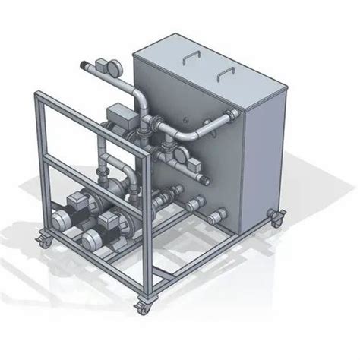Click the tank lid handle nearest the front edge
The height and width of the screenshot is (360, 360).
click(225, 72)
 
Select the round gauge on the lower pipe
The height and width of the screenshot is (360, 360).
click(182, 156)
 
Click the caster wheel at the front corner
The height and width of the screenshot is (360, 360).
click(143, 308)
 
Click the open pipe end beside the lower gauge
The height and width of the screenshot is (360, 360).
click(205, 180)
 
